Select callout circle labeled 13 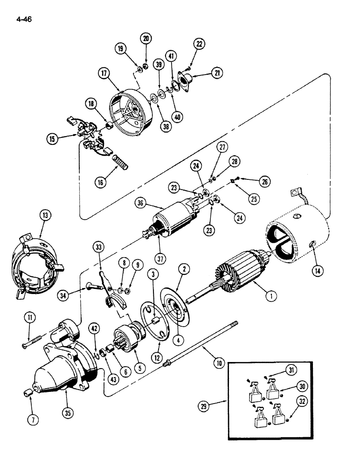[46, 215]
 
